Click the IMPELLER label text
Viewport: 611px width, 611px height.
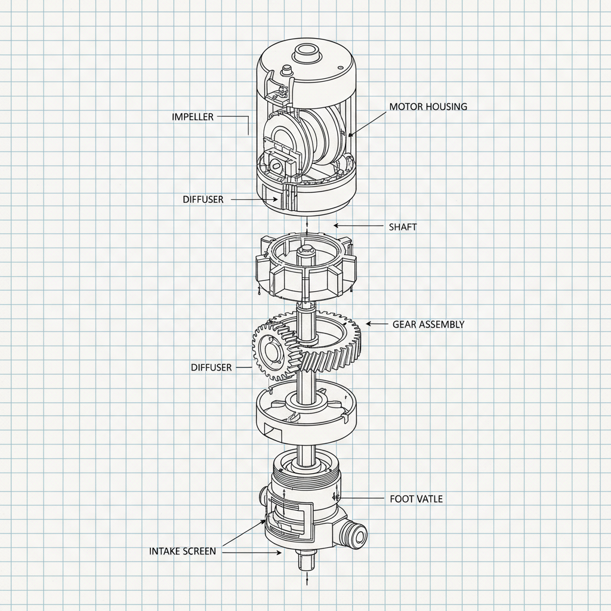click(x=192, y=117)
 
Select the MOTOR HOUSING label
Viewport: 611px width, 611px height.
click(x=428, y=107)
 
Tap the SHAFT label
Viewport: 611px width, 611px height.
click(x=403, y=227)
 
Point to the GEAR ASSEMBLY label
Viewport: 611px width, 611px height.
click(x=428, y=325)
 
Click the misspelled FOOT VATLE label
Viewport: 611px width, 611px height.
click(x=416, y=498)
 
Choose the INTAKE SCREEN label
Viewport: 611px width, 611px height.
click(x=182, y=551)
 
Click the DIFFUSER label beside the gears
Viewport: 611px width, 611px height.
click(x=211, y=368)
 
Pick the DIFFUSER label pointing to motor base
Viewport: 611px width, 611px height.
click(x=203, y=199)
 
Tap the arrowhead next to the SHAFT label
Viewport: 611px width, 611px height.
click(x=336, y=226)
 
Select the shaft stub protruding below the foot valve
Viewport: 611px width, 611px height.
click(x=305, y=562)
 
